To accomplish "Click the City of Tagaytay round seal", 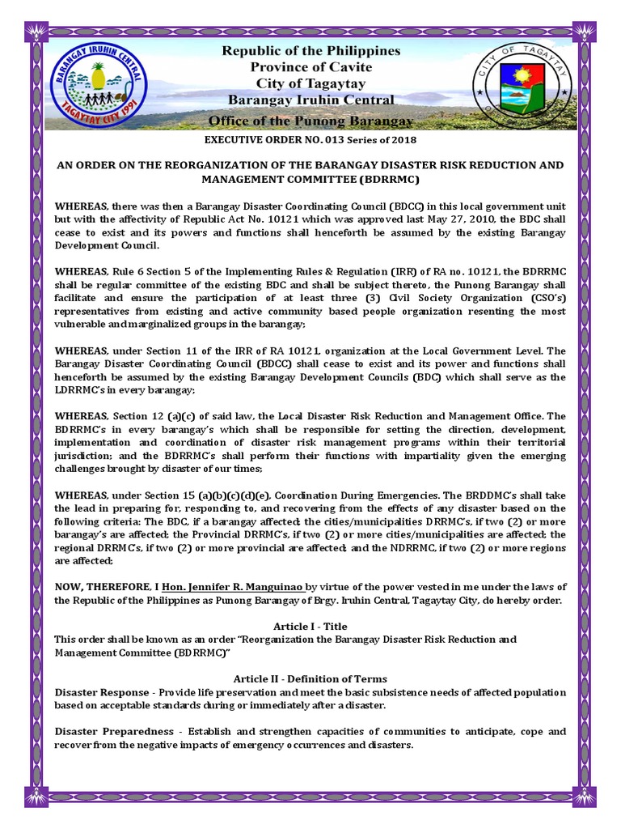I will point(519,85).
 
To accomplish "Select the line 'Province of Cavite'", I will point(311,67).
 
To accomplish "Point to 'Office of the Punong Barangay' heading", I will point(311,121).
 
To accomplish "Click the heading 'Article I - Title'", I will point(311,627).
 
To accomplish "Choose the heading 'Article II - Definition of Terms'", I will point(311,678).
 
